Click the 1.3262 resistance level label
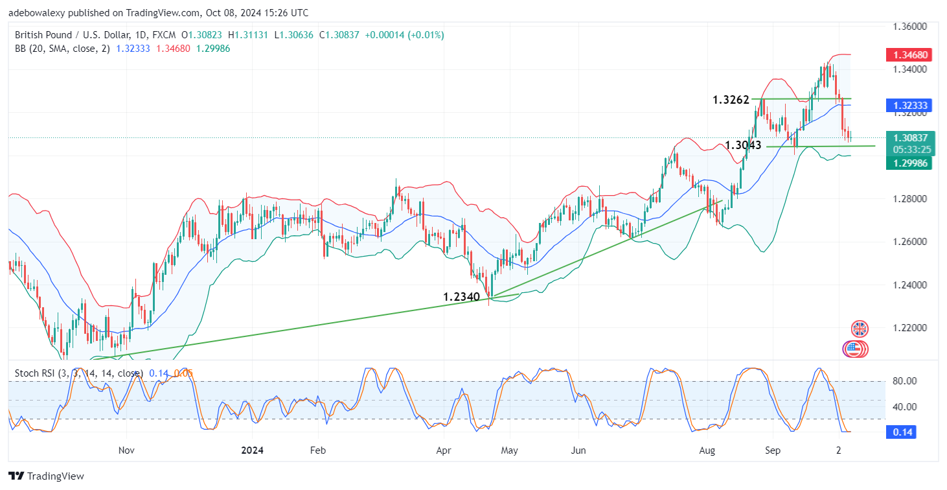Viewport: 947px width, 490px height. tap(731, 100)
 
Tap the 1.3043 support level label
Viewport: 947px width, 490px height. tap(743, 145)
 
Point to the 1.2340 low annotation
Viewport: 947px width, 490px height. tap(461, 297)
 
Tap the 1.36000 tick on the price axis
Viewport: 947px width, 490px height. tap(913, 27)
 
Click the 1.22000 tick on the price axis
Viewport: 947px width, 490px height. tap(913, 328)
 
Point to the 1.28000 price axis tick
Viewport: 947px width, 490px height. tap(913, 199)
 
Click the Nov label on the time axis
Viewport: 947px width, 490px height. tap(126, 449)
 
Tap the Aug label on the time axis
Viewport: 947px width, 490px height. tap(707, 449)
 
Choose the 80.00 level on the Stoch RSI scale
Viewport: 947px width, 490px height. tap(904, 381)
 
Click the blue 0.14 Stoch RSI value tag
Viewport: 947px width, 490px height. tap(903, 432)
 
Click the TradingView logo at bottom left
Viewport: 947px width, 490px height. tap(46, 476)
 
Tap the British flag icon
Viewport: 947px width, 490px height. tap(860, 329)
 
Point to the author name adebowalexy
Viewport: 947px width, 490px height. tap(38, 13)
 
